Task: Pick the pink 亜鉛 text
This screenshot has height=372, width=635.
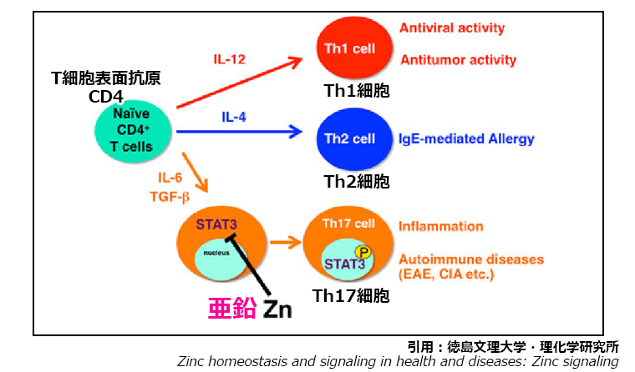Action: pos(231,308)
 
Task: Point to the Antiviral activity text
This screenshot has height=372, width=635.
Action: pos(452,28)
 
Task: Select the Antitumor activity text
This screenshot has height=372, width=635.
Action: pos(458,60)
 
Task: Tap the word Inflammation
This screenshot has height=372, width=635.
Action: pos(441,226)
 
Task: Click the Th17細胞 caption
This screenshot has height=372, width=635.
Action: pos(351,295)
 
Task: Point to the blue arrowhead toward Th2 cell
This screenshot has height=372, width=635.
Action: pos(295,130)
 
